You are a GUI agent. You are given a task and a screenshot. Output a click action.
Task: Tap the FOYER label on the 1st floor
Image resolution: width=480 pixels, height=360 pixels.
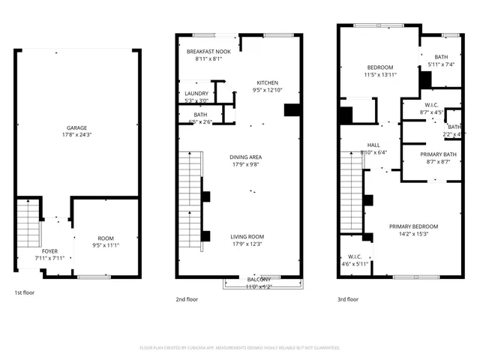(x=49, y=251)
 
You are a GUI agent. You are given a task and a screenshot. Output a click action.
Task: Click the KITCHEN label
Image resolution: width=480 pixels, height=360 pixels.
(x=268, y=82)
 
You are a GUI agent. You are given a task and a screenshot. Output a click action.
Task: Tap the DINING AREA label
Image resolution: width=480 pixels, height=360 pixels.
(x=245, y=157)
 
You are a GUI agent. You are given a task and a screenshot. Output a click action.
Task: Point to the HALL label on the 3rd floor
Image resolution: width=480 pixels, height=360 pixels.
(x=373, y=145)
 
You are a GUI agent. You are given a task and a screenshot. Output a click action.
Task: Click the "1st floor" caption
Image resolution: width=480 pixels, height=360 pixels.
(x=24, y=292)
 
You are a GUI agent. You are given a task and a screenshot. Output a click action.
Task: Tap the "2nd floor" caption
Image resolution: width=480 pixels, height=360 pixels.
(x=186, y=299)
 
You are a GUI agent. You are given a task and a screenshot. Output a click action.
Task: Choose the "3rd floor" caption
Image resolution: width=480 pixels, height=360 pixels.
(x=348, y=299)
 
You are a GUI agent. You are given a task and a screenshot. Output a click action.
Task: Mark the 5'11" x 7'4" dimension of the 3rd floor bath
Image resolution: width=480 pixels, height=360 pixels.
(x=438, y=64)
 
